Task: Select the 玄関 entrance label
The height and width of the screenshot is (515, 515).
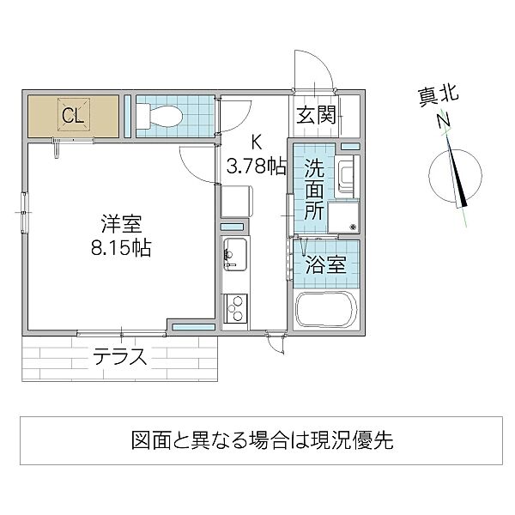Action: (316, 115)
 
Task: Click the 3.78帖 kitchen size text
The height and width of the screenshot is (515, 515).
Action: (255, 166)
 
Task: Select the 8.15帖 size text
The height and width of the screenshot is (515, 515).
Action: (118, 249)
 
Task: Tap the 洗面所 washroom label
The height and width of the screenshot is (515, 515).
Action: (312, 189)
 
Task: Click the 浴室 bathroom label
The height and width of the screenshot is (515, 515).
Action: (326, 265)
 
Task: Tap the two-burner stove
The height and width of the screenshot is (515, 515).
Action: (233, 306)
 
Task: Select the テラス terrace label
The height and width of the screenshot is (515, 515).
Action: (120, 356)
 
